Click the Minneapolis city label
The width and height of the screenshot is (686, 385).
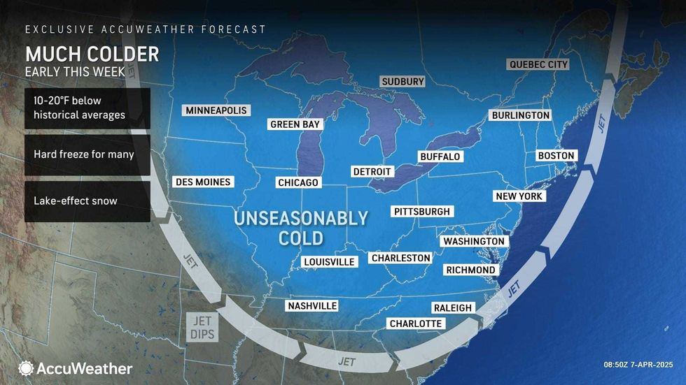[x=217, y=110]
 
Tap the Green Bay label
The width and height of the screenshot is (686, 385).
[x=295, y=124]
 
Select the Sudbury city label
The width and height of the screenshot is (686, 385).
[x=403, y=82]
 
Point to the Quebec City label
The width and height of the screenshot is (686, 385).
[x=538, y=64]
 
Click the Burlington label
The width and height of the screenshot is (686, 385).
[x=520, y=115]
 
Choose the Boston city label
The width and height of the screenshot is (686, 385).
[x=556, y=155]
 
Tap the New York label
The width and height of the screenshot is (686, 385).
[x=519, y=196]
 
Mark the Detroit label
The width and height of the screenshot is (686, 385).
[x=372, y=171]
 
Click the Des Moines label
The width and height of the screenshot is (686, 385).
[x=202, y=182]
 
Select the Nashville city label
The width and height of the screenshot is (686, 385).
[x=312, y=306]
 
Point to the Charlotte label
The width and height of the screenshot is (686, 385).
[x=416, y=324]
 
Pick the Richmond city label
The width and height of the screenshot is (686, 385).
[x=470, y=270]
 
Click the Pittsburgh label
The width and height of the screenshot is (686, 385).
[x=422, y=211]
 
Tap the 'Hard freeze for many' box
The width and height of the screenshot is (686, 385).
[x=87, y=154]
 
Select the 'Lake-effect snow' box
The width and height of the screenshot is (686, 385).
[x=87, y=201]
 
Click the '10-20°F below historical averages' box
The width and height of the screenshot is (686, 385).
[x=87, y=108]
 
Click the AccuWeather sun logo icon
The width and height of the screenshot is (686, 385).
[x=26, y=368]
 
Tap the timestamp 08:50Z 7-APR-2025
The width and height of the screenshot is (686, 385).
[x=638, y=365]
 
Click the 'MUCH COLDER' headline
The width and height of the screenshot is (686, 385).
[x=92, y=54]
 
